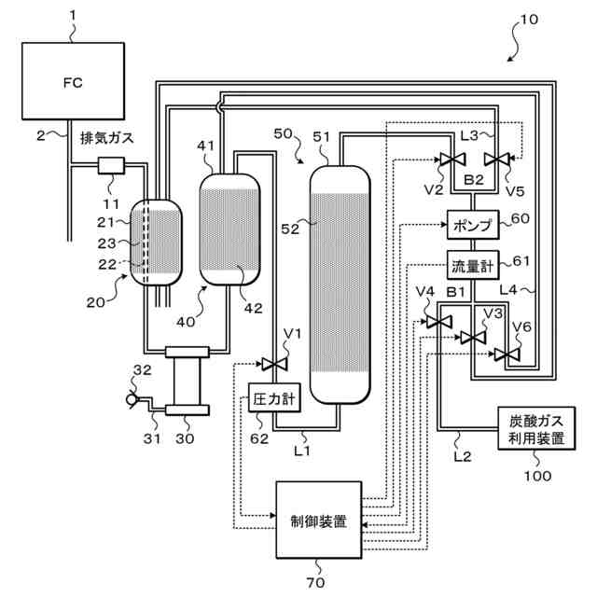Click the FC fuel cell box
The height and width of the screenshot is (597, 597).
tap(73, 81)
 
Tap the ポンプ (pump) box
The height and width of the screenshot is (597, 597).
tap(473, 225)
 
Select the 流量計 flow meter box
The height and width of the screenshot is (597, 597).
tap(473, 265)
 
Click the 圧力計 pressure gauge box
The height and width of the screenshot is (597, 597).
tap(274, 397)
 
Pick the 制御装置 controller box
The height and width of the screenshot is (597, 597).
tap(319, 520)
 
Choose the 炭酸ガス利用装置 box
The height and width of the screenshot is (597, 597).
tap(536, 428)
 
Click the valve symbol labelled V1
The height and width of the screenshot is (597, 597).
tap(274, 364)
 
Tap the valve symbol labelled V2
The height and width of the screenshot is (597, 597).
tap(452, 159)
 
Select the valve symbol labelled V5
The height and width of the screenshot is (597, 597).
tap(497, 159)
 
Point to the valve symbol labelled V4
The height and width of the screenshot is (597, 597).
tap(438, 322)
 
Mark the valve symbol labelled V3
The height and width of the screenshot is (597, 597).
tap(473, 338)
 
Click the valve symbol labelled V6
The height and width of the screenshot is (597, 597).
tap(507, 354)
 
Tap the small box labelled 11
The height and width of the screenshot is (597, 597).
tap(111, 166)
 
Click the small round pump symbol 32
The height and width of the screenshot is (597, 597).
tap(132, 399)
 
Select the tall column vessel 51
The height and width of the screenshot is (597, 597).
tap(340, 285)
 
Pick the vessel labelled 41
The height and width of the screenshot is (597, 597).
tap(230, 229)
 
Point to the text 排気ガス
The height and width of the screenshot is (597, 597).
tap(107, 138)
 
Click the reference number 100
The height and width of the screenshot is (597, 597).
tap(537, 476)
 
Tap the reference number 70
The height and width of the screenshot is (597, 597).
tap(315, 582)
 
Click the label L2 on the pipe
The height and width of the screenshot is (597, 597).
tap(463, 456)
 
